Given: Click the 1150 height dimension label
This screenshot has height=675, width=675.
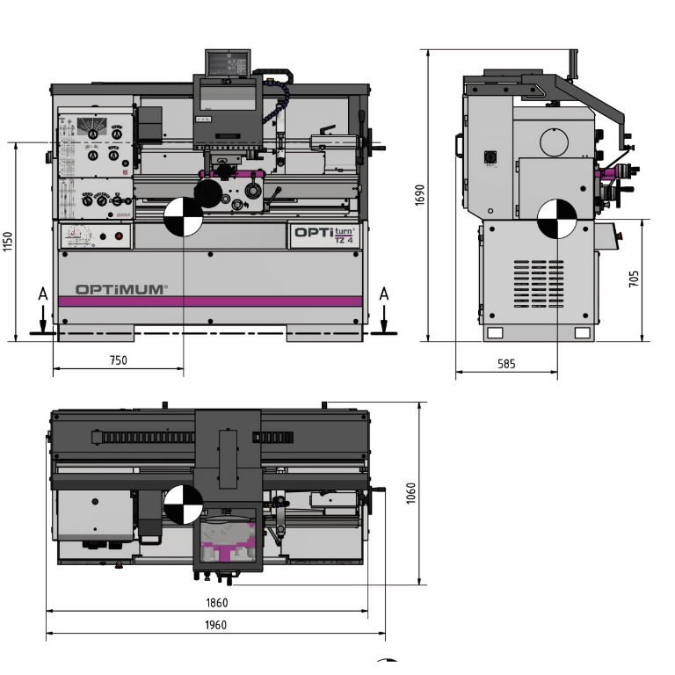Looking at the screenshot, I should coord(8,242).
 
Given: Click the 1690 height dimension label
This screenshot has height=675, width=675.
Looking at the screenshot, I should coord(419,195).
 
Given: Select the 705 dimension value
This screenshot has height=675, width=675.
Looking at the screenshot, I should coord(635,279).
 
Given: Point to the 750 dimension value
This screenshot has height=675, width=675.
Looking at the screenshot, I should coord(118,360).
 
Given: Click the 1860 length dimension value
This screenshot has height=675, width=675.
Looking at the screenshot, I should coord(216,603).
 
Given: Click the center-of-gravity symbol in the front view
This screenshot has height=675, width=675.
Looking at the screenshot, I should coord(184,216).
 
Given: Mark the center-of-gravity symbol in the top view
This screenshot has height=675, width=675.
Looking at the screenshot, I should coord(184,504).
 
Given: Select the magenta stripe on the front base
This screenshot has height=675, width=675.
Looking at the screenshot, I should coord(210,301).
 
